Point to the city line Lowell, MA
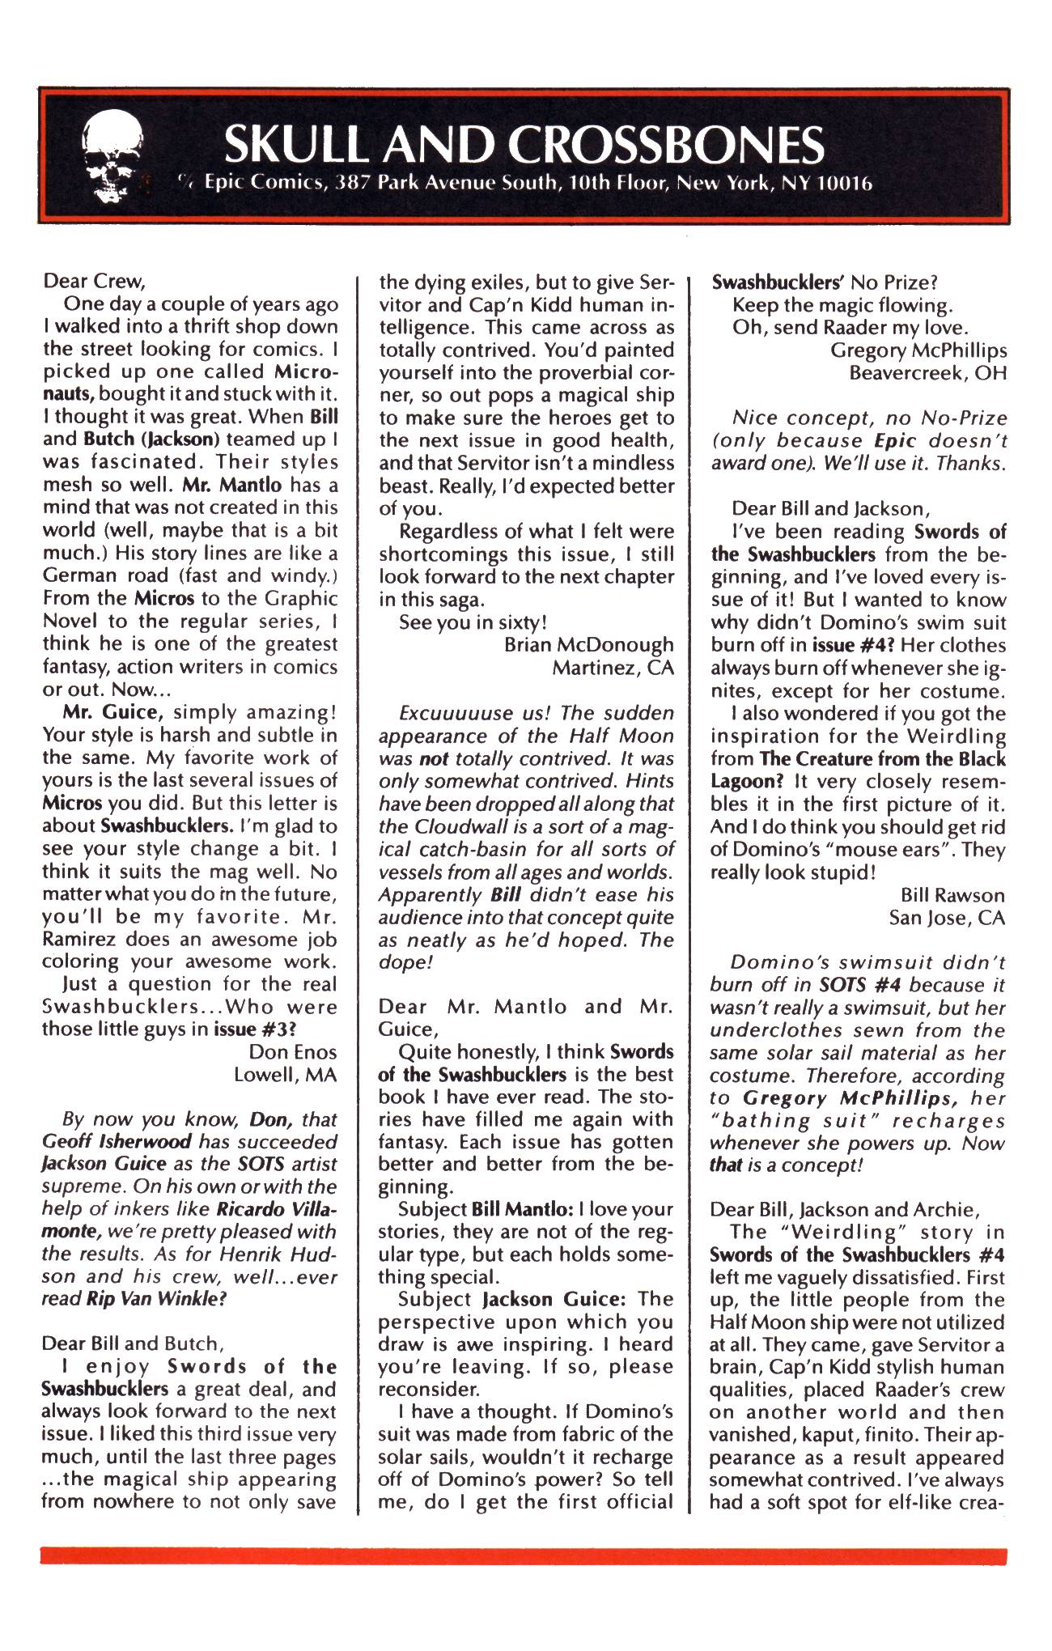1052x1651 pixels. point(285,1075)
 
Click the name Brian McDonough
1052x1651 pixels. point(588,645)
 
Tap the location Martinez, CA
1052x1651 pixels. point(613,668)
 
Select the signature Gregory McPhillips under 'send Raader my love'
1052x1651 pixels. point(918,350)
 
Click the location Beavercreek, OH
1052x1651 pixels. point(927,373)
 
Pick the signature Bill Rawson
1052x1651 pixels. point(952,895)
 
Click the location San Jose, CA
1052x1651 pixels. point(947,918)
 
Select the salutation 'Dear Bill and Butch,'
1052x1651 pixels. point(130,1343)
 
